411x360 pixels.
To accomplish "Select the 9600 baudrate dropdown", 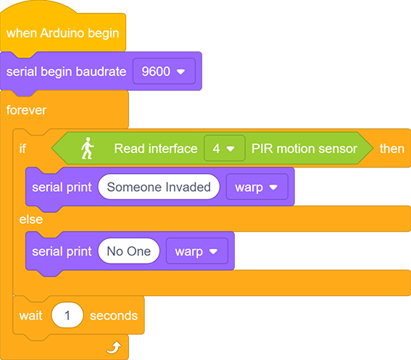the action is [x=164, y=71].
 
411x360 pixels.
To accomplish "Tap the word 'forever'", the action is [x=26, y=110].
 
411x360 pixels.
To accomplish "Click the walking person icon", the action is [x=87, y=148].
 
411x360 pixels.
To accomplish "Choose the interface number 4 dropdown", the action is [x=225, y=148].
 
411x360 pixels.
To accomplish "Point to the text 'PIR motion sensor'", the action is [x=304, y=148].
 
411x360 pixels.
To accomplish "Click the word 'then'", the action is [x=392, y=148].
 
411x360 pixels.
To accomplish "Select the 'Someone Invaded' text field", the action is [x=159, y=187].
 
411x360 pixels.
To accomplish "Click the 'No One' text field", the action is [x=129, y=251].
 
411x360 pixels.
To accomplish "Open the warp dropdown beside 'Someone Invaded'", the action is [x=257, y=187].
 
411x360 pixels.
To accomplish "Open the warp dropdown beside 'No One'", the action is [x=197, y=251].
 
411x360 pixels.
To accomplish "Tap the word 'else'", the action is [x=31, y=219].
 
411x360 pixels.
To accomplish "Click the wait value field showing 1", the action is [x=67, y=315].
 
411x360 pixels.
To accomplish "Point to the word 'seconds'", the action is [x=114, y=316].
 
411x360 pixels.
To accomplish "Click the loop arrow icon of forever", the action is [x=114, y=348].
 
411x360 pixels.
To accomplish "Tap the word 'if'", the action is [x=22, y=148].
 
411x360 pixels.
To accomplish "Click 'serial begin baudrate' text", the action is [x=66, y=72].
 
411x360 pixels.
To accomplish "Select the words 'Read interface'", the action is [x=156, y=148].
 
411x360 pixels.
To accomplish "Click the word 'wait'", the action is [x=30, y=316].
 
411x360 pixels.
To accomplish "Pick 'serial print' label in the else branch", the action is [x=62, y=251].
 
